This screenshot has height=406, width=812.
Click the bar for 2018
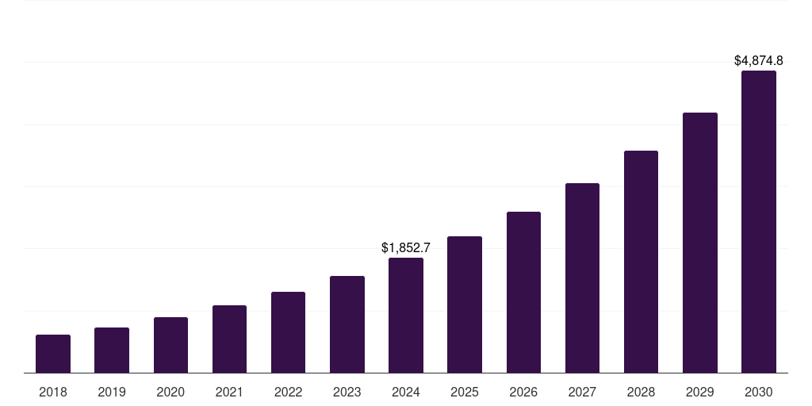[x=53, y=354]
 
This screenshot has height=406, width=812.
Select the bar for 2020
[x=170, y=345]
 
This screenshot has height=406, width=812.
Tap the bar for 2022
[x=288, y=332]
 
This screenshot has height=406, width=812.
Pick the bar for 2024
[x=406, y=315]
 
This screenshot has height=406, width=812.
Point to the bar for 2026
[x=523, y=292]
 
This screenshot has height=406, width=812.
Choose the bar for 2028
[x=641, y=262]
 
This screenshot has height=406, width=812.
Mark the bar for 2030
[x=759, y=221]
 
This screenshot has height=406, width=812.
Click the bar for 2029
[x=700, y=243]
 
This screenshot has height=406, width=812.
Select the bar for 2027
[x=582, y=278]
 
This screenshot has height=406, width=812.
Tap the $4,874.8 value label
[x=759, y=60]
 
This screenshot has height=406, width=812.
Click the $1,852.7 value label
[x=406, y=248]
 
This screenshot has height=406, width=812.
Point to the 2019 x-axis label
[x=112, y=392]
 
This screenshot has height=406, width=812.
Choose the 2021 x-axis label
[x=229, y=392]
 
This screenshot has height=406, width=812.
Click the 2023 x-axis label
[x=347, y=392]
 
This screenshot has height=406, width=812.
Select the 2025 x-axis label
[x=465, y=392]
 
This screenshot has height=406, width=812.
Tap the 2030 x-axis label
[x=759, y=392]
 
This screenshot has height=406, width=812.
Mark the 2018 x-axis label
[x=53, y=392]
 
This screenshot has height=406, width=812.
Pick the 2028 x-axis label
[x=641, y=392]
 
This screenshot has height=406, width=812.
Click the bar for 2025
[x=465, y=304]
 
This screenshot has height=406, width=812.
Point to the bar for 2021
[x=229, y=339]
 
